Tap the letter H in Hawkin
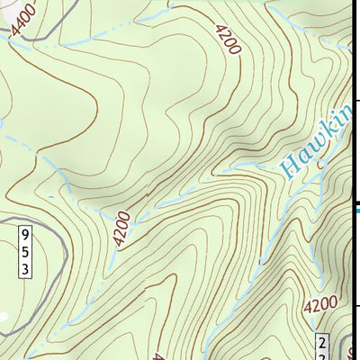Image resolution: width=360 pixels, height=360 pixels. [288, 166]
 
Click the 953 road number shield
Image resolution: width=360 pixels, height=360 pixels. [26, 252]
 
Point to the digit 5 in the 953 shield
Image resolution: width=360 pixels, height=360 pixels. [26, 252]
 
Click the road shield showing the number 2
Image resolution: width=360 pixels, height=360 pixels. [323, 346]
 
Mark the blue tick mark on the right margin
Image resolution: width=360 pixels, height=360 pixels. [355, 211]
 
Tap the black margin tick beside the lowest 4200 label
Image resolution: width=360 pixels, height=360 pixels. [355, 306]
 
